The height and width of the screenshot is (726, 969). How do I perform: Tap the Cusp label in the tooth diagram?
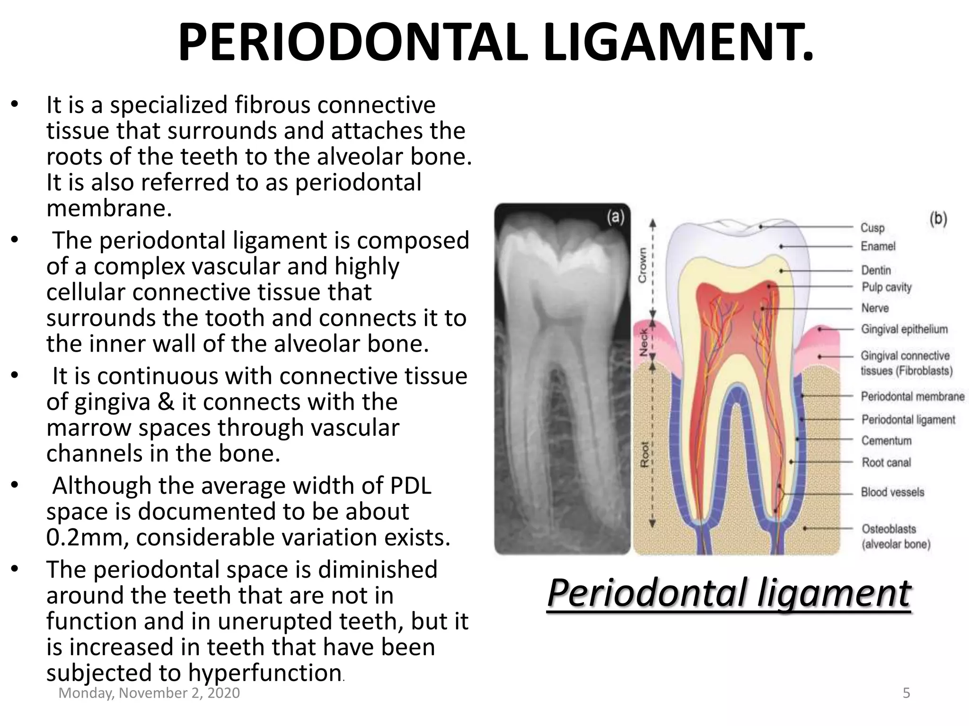point(872,228)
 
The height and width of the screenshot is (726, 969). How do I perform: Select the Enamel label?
point(878,246)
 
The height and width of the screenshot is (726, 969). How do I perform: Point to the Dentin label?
point(876,270)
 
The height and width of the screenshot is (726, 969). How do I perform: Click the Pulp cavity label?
point(886,287)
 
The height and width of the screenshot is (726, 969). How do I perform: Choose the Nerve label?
point(875,308)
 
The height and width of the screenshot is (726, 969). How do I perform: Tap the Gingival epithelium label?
point(904,329)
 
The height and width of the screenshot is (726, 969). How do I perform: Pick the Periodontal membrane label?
point(912,396)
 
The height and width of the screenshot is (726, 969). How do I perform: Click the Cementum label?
point(886,441)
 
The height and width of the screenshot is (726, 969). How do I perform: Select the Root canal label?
point(886,462)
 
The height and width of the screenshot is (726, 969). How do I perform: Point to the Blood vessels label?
point(892,492)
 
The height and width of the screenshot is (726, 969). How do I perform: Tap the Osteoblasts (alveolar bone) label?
point(895,536)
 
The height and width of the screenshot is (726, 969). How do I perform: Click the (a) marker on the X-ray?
point(615,217)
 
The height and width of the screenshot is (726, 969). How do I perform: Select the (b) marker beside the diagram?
point(938,219)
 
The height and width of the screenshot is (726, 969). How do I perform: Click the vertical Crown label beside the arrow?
point(642,265)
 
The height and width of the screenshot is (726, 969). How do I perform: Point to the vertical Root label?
point(644,455)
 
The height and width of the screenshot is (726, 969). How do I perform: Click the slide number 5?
point(906,693)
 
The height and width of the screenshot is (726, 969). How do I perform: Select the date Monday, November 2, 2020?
point(149,693)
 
